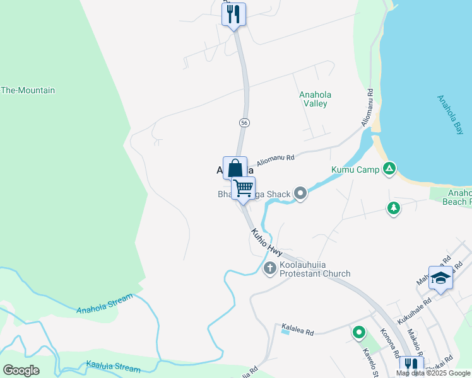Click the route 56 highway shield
click(x=244, y=122)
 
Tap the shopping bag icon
click(x=235, y=168)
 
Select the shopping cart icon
click(x=243, y=188)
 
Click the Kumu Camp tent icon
click(x=390, y=169)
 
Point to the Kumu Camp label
click(x=355, y=169)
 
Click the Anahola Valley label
click(x=315, y=99)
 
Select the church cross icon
click(x=269, y=268)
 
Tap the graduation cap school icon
click(x=440, y=278)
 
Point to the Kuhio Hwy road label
click(x=266, y=241)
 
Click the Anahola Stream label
click(x=105, y=304)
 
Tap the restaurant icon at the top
click(x=234, y=13)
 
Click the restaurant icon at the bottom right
click(x=411, y=366)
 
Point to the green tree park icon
click(x=394, y=208)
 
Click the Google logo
click(x=21, y=370)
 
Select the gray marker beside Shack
click(x=301, y=194)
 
